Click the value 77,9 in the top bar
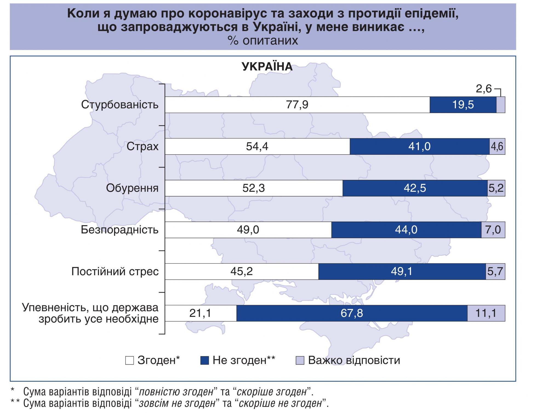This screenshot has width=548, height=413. click(297, 105)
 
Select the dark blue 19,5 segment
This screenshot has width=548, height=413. click(463, 105)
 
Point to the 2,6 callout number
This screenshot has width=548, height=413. click(484, 89)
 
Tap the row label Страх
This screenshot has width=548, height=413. click(142, 147)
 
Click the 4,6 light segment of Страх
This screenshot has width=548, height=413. click(497, 147)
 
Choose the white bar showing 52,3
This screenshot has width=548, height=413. click(254, 188)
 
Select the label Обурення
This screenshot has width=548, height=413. click(132, 188)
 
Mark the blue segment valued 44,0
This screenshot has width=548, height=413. click(406, 230)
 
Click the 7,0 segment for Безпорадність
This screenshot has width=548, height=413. click(493, 230)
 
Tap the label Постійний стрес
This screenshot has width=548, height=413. click(115, 272)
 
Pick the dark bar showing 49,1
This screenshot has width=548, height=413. click(402, 272)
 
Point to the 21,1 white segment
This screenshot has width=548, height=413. click(201, 313)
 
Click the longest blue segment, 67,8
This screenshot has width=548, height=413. click(352, 313)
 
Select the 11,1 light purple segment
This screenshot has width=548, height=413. click(486, 313)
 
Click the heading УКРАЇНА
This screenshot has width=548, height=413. click(267, 67)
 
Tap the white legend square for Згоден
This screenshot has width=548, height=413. click(130, 360)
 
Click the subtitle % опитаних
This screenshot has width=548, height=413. click(262, 41)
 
